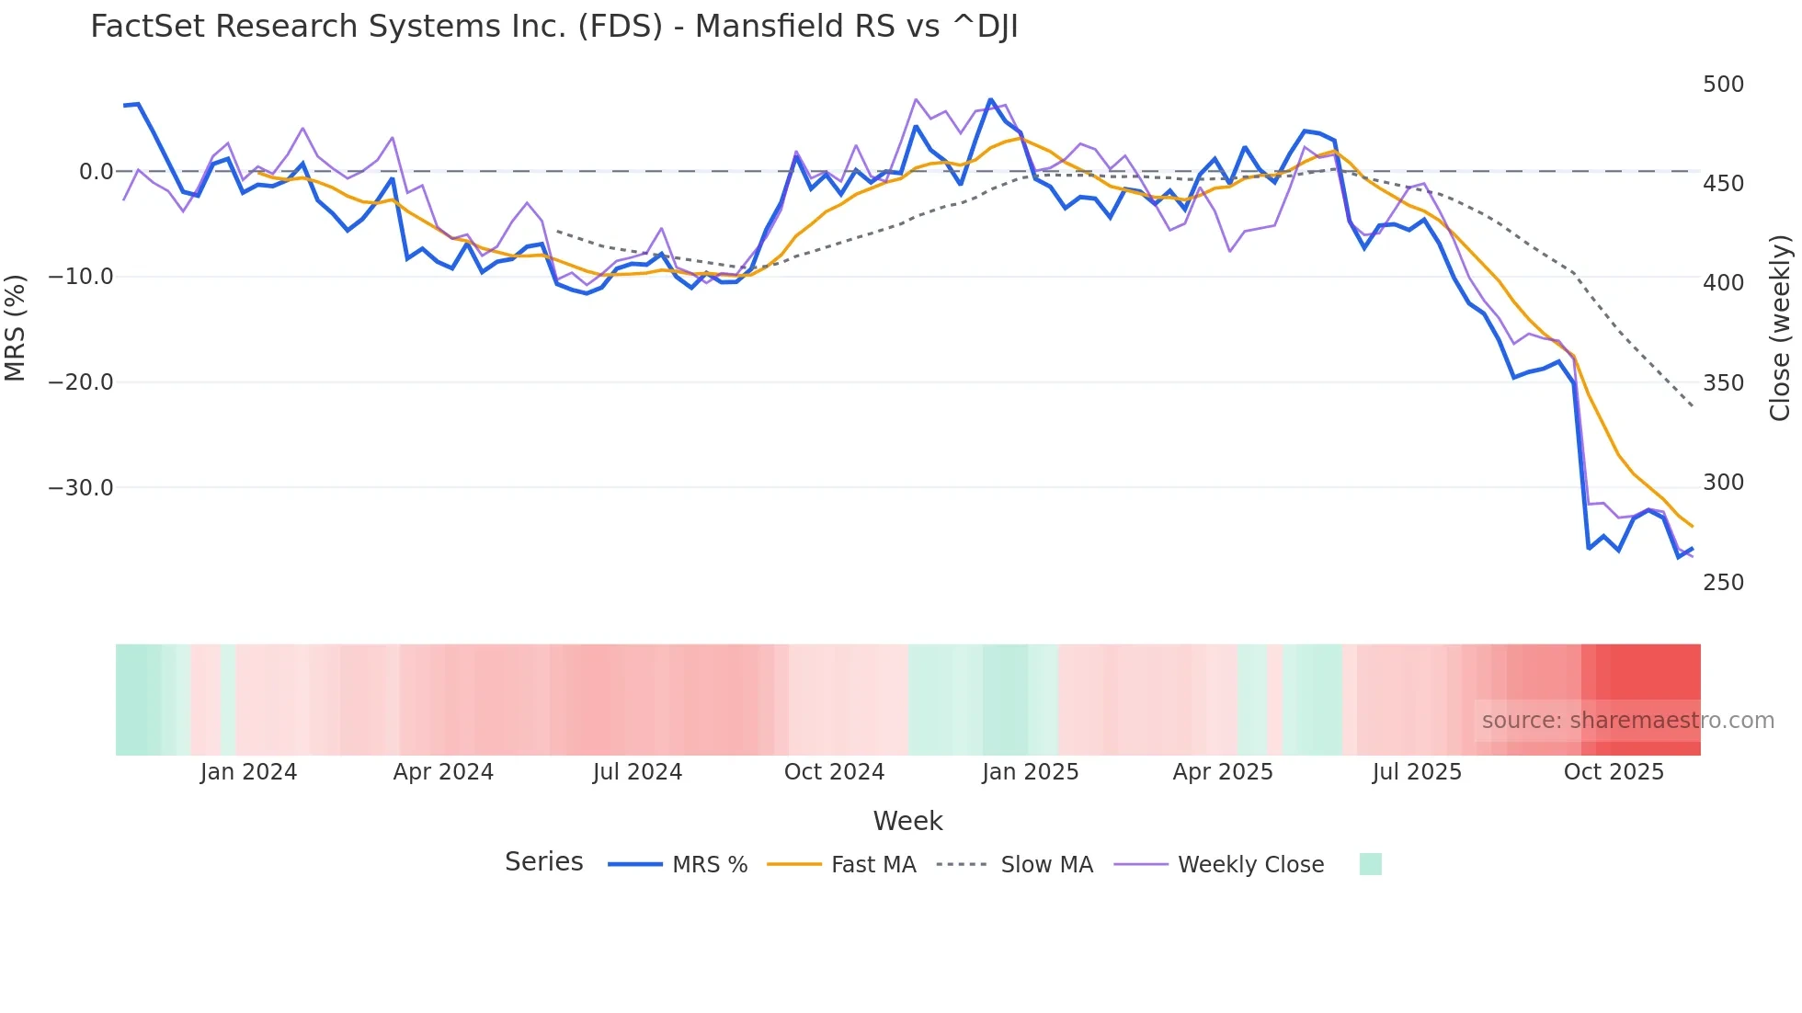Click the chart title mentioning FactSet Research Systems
point(553,27)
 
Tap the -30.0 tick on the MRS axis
point(81,488)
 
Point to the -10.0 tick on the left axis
point(81,277)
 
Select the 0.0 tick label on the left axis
point(96,172)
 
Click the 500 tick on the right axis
point(1723,85)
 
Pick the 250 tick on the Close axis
point(1723,583)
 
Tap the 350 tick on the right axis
point(1723,383)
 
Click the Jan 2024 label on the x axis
point(248,772)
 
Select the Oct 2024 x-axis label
point(834,772)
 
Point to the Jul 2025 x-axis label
point(1417,772)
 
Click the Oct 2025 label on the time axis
point(1614,772)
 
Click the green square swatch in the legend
point(1370,864)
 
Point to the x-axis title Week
point(907,821)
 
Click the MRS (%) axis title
point(16,328)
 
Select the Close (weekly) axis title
point(1781,328)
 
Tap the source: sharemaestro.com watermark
point(1627,721)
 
